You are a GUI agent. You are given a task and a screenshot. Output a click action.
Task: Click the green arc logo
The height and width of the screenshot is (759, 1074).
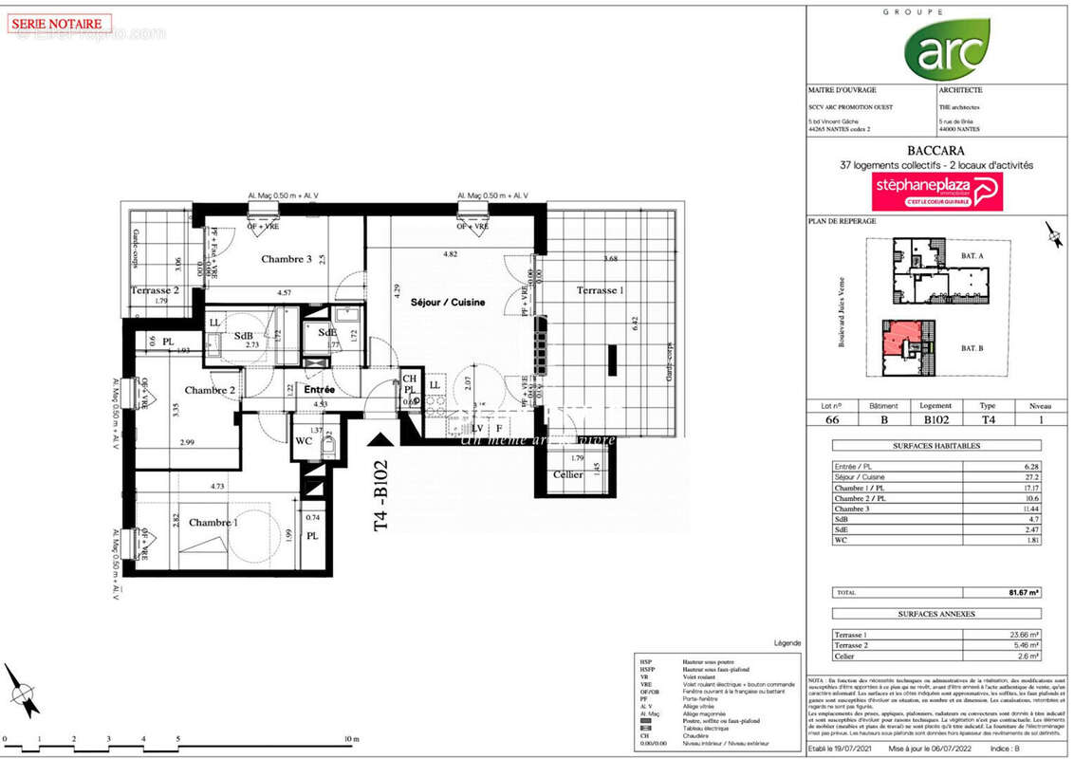pyautogui.click(x=946, y=49)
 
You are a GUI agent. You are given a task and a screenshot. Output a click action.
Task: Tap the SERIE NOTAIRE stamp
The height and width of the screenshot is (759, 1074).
pyautogui.click(x=59, y=23)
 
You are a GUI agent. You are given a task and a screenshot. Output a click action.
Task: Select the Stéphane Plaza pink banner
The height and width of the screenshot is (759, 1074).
pyautogui.click(x=935, y=191)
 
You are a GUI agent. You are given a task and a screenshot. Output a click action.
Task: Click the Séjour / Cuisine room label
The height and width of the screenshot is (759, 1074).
pyautogui.click(x=448, y=303)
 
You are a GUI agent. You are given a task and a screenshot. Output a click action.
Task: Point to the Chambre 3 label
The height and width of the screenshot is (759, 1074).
pyautogui.click(x=287, y=259)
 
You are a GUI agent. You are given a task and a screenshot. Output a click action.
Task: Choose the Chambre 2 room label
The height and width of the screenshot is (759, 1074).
pyautogui.click(x=210, y=390)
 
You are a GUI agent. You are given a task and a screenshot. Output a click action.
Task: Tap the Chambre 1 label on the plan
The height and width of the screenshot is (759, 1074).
pyautogui.click(x=213, y=523)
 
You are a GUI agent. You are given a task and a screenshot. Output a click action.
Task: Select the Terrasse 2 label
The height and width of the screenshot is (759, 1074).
pyautogui.click(x=155, y=291)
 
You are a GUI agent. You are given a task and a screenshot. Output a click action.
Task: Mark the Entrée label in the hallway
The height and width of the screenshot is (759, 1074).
pyautogui.click(x=320, y=389)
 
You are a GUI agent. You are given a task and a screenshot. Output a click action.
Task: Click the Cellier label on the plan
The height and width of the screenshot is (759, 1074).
pyautogui.click(x=568, y=474)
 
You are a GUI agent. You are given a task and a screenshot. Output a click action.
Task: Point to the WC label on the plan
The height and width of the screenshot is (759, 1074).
pyautogui.click(x=304, y=440)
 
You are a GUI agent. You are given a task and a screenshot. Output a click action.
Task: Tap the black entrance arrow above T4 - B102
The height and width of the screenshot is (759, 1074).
pyautogui.click(x=380, y=440)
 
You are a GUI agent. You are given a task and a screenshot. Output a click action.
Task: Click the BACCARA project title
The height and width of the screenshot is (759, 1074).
pyautogui.click(x=935, y=150)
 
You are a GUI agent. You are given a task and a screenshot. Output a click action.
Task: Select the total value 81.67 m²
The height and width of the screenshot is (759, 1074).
pyautogui.click(x=1025, y=592)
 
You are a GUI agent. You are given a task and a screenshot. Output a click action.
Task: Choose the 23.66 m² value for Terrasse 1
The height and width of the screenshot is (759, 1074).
pyautogui.click(x=1025, y=635)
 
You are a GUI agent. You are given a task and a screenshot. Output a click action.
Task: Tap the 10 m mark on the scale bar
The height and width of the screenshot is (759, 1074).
pyautogui.click(x=351, y=738)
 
